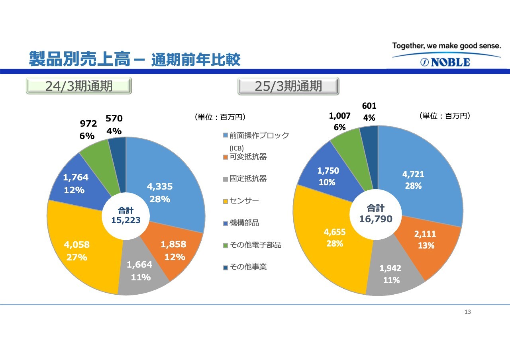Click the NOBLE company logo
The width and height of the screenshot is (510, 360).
tap(445, 62)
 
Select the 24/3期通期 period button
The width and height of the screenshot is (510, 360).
tap(79, 86)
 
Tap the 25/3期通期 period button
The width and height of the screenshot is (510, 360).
tap(288, 86)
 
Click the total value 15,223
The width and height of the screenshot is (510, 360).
tap(126, 220)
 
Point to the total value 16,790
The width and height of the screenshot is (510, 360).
tap(376, 219)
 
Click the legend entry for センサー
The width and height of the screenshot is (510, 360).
tap(241, 201)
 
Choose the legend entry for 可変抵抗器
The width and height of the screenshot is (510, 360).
tap(245, 157)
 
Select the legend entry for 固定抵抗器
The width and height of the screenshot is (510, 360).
tap(245, 179)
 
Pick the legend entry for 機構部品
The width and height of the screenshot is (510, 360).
tap(241, 223)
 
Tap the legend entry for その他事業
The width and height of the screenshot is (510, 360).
tap(245, 267)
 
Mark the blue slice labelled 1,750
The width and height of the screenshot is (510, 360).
tap(328, 176)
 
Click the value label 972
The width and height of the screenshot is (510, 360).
tap(88, 123)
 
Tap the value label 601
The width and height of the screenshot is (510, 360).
tap(369, 106)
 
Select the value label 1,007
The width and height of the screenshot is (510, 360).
tap(339, 116)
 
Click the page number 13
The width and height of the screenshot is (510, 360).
tap(468, 312)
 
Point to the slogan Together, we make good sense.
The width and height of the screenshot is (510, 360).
tap(447, 46)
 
